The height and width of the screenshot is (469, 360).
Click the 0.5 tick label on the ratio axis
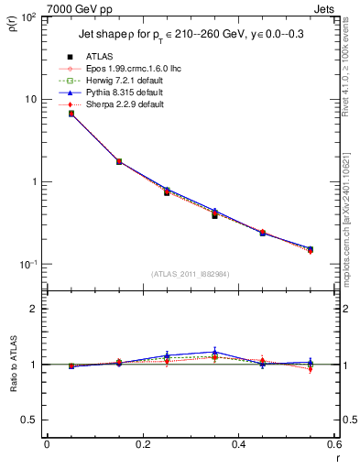29,420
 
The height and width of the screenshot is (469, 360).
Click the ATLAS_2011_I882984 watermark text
190,274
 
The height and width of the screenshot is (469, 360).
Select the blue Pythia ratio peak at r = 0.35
214,352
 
